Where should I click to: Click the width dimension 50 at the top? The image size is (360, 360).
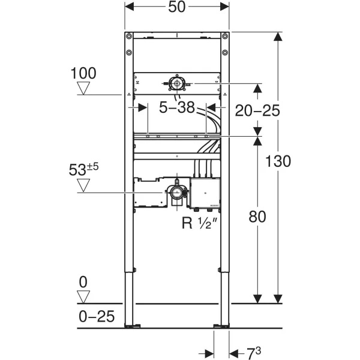click(176, 7)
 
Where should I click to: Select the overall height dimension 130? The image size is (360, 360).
click(278, 161)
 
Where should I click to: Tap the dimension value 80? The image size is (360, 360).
click(257, 216)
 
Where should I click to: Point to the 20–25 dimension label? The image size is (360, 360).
click(257, 110)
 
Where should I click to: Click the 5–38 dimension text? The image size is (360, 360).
click(177, 107)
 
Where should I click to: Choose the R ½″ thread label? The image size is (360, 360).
click(199, 223)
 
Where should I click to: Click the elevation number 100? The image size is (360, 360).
click(83, 73)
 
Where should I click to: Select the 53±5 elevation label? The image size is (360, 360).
click(83, 169)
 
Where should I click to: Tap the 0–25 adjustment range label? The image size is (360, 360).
click(97, 316)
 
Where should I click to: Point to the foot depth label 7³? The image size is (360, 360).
click(254, 352)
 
